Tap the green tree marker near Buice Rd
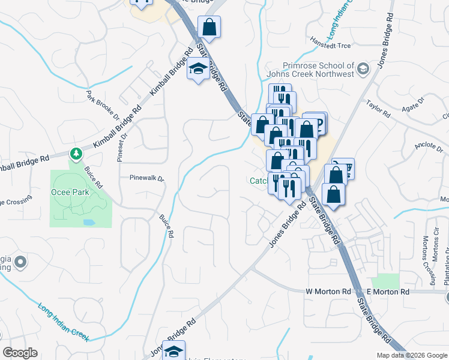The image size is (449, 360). (x=76, y=155)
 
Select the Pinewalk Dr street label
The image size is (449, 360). (x=147, y=178)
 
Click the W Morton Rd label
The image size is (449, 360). (x=328, y=292)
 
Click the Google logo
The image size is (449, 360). (x=20, y=353)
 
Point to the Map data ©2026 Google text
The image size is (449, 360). (x=411, y=355)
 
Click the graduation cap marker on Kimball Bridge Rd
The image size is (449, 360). (x=197, y=70)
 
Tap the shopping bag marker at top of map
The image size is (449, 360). (x=209, y=27)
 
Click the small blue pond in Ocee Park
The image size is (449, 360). (x=89, y=222)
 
